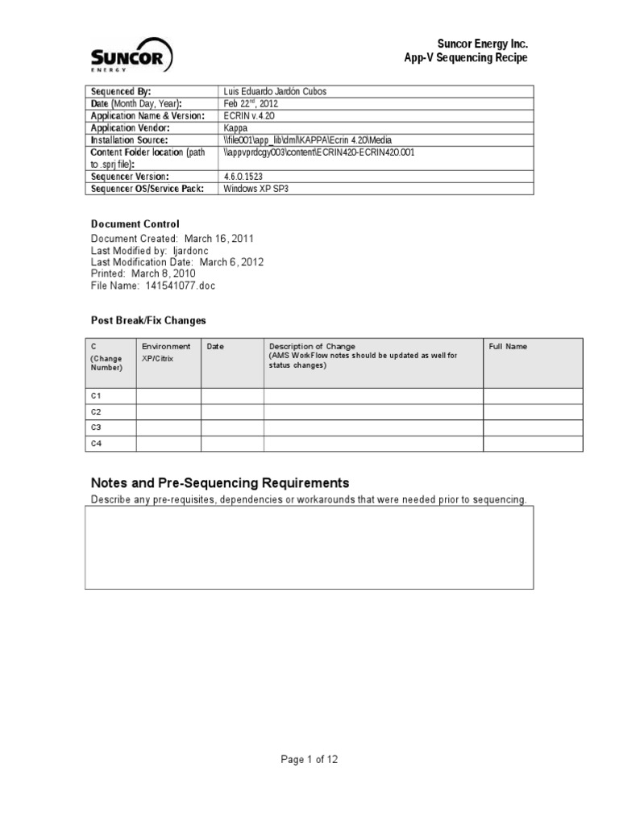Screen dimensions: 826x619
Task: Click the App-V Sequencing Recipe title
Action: pos(466,58)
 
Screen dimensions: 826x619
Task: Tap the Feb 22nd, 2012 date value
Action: pos(252,104)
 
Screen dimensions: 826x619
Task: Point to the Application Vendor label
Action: pos(130,127)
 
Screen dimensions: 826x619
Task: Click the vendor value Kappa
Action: pos(237,127)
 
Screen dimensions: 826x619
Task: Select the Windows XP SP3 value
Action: pos(255,188)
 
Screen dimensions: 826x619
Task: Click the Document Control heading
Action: pos(135,224)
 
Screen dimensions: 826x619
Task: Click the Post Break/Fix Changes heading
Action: pos(148,320)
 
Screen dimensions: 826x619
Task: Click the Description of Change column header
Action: pos(312,347)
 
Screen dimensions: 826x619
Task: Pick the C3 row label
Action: pos(96,428)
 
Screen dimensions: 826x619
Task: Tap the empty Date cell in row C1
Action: pos(232,396)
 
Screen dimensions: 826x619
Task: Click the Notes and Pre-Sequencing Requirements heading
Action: pos(220,483)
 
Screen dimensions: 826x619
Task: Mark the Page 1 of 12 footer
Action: pos(309,759)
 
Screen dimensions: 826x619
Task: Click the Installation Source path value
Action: pos(308,140)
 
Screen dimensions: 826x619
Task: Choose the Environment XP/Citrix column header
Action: pos(166,352)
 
